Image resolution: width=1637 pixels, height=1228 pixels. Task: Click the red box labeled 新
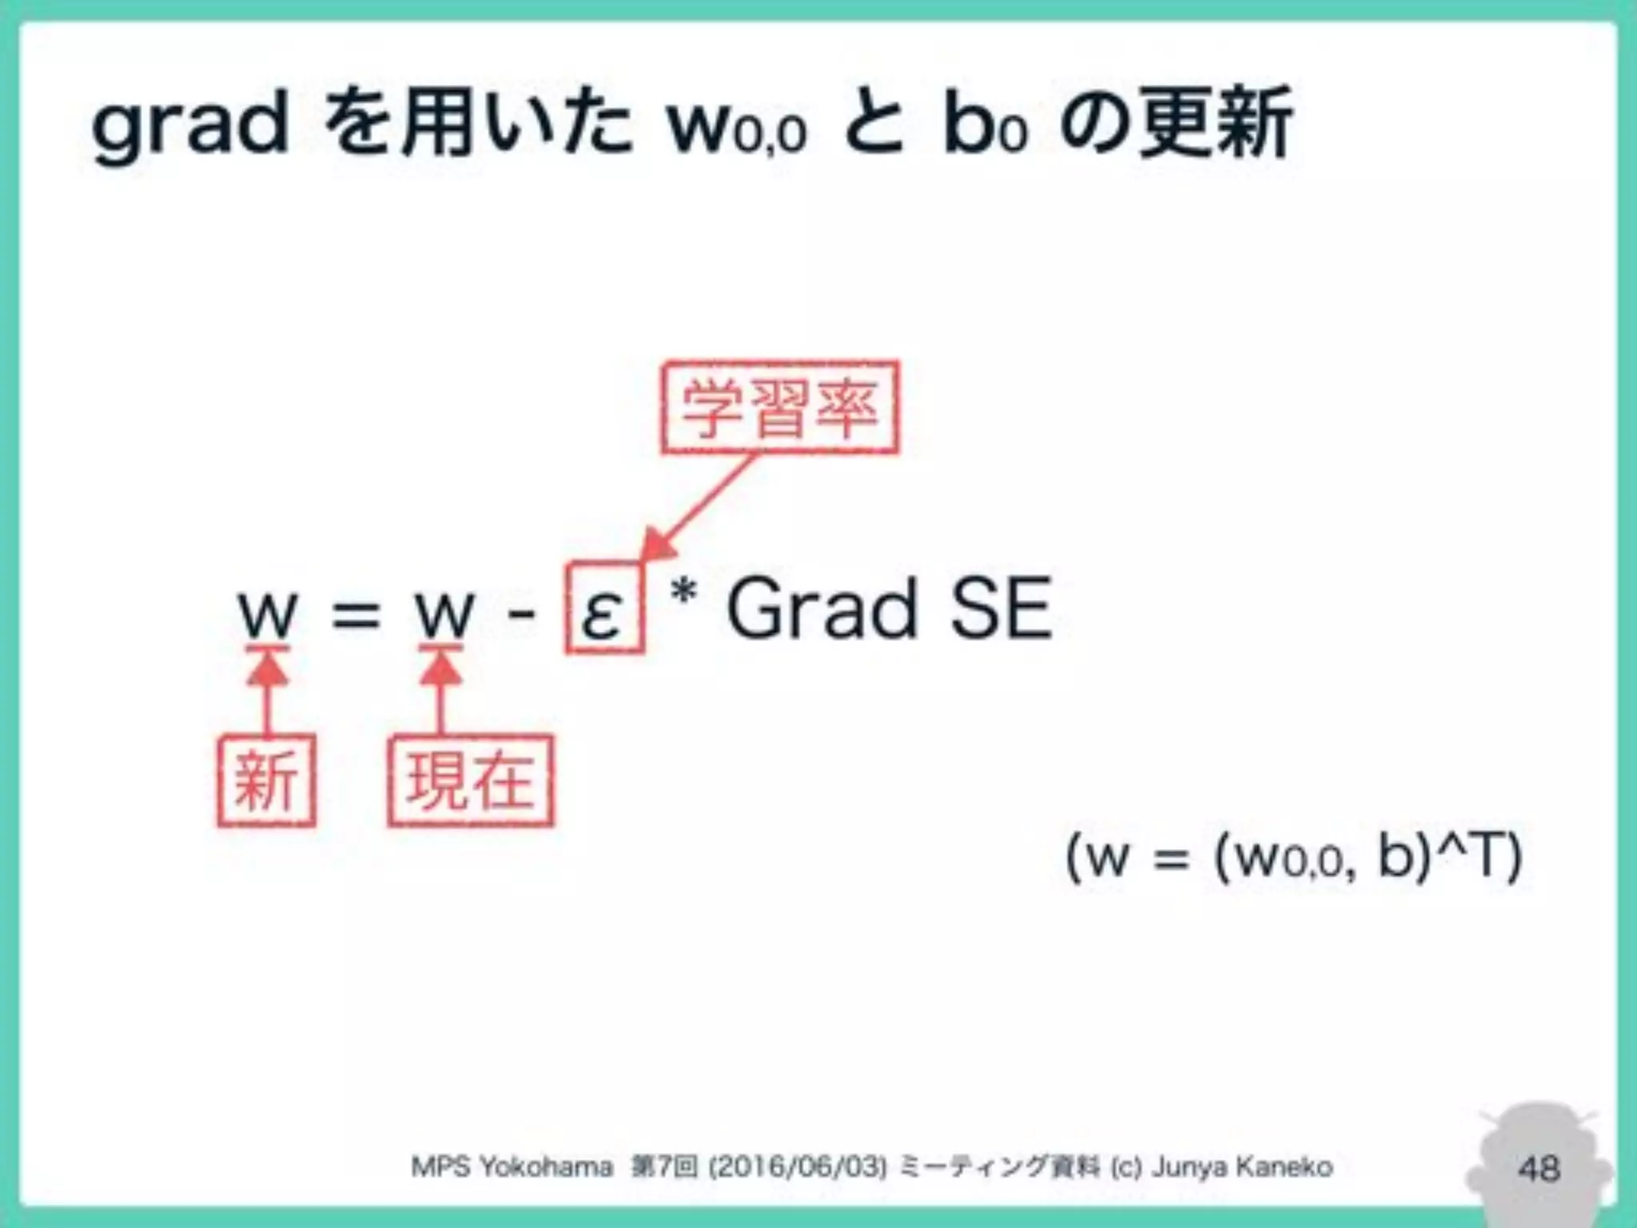point(266,780)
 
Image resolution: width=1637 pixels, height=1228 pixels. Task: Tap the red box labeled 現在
point(471,780)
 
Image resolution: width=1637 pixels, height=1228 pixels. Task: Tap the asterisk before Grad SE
point(684,594)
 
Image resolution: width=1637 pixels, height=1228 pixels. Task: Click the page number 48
point(1539,1169)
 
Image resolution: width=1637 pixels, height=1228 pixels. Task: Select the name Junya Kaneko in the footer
point(1242,1167)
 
